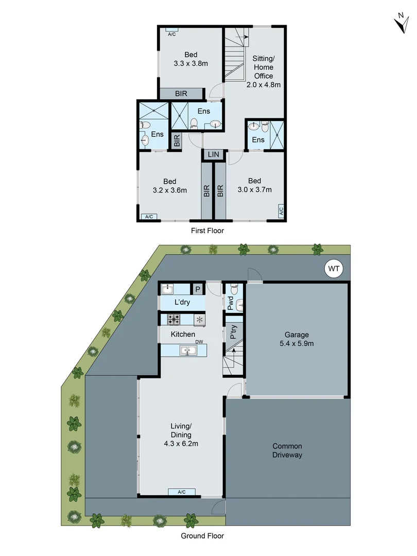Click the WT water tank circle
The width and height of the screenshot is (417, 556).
coord(333,269)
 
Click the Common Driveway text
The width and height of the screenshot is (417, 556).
coord(287,450)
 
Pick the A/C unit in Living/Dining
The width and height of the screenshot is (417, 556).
coord(182,492)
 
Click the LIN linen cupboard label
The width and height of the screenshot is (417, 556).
coord(213,154)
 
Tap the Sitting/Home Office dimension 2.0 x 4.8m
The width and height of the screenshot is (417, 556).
coord(263,85)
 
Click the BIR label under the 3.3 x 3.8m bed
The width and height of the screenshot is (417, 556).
coord(181,94)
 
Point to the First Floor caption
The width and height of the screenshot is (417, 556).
coord(208,231)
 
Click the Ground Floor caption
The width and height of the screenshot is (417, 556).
coord(202,535)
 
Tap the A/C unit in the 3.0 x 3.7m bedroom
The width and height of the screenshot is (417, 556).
coord(281,211)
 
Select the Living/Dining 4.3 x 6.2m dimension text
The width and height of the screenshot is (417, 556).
coord(181,443)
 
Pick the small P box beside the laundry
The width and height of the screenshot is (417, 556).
coord(197,289)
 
